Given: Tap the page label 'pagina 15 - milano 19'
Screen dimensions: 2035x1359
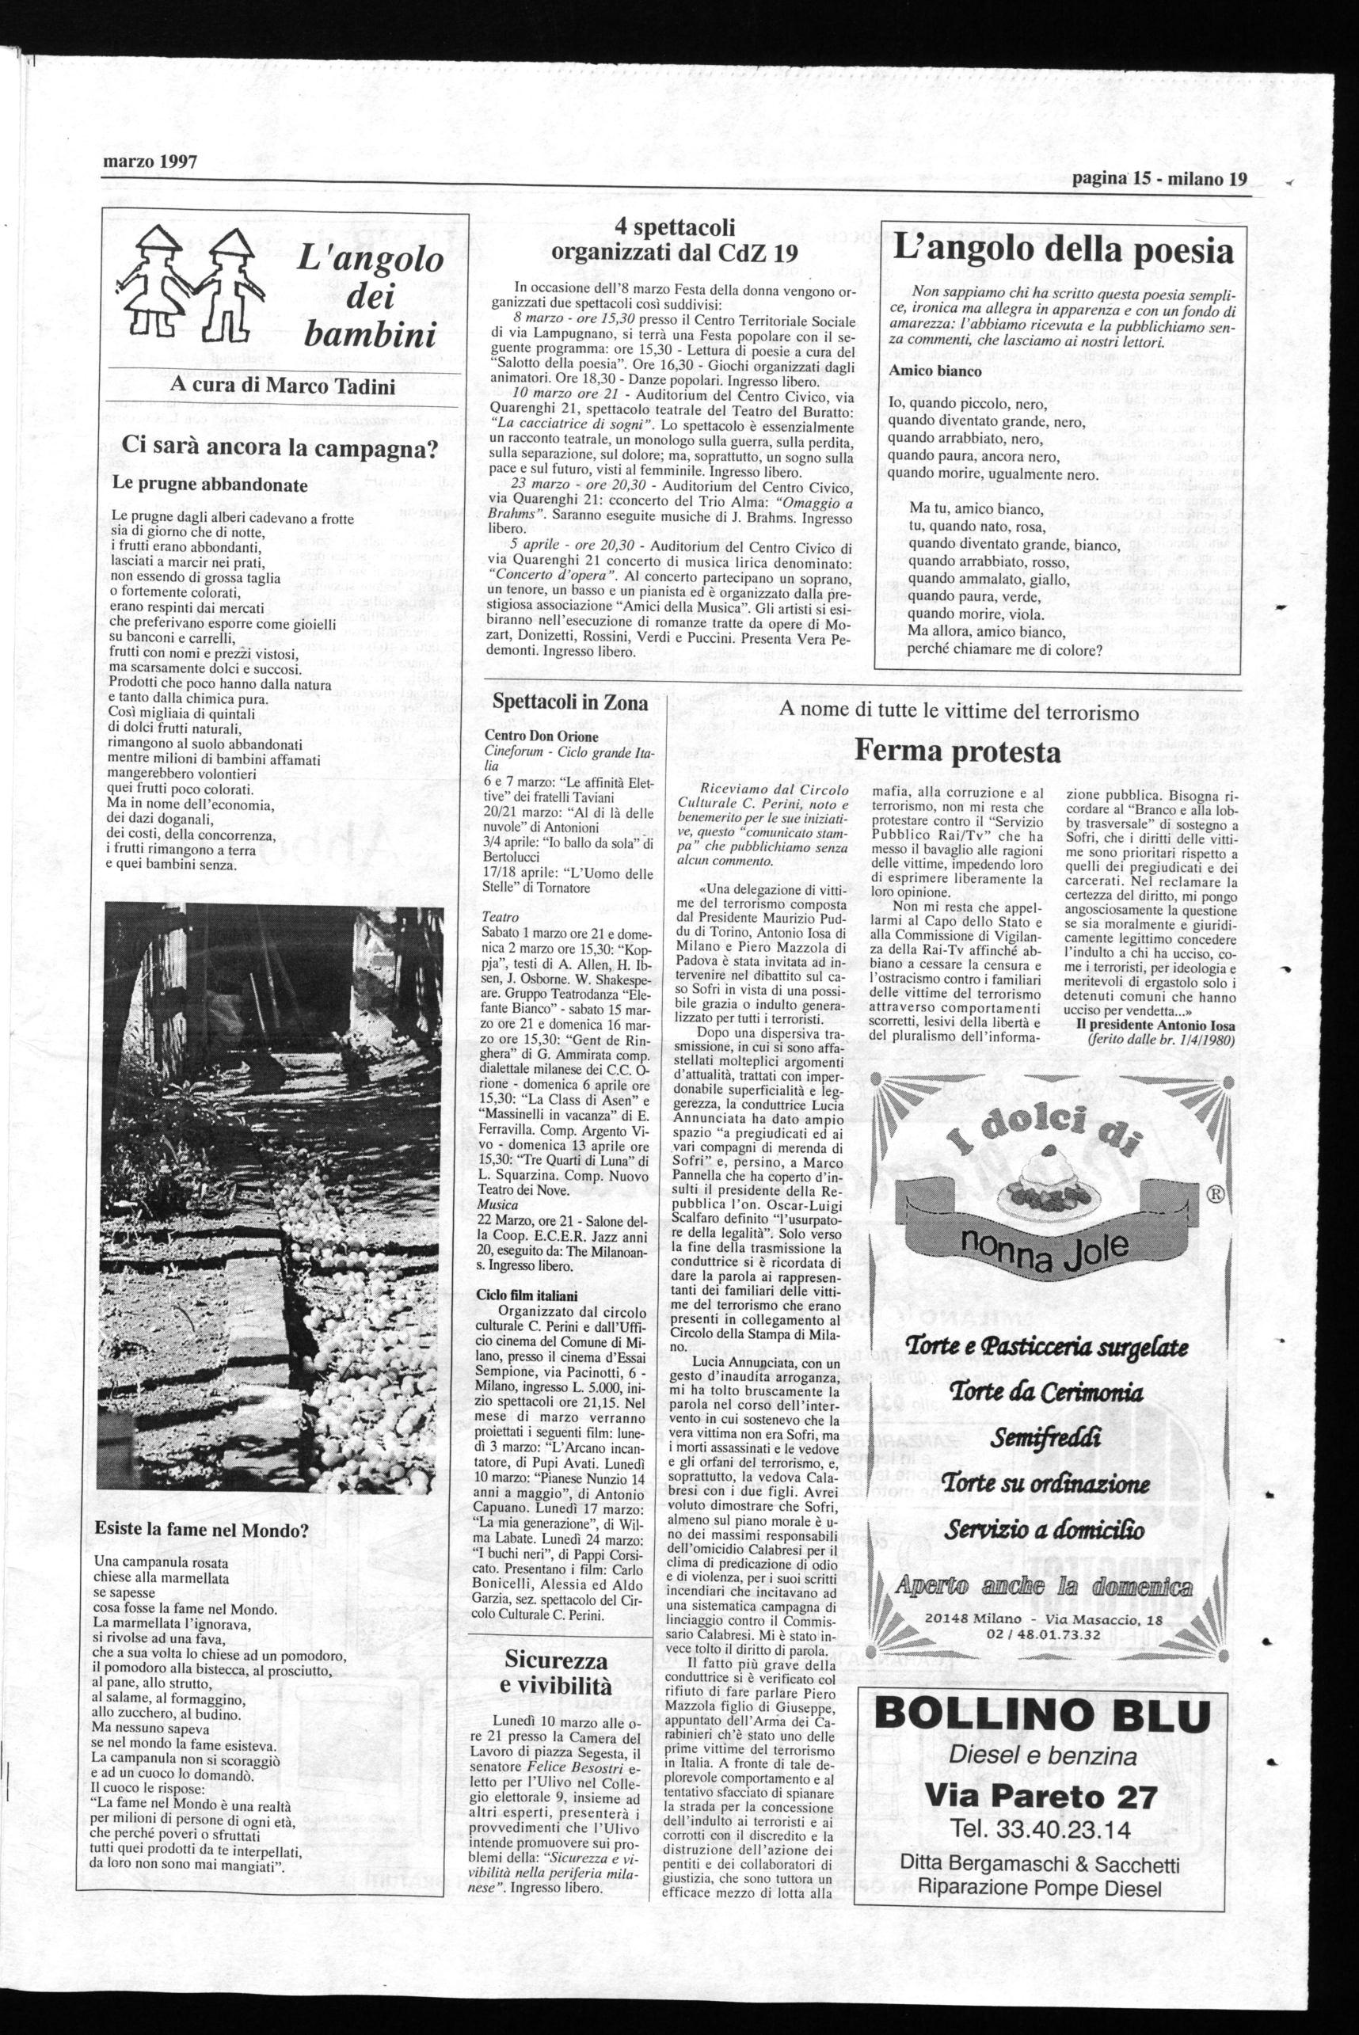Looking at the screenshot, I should [1159, 179].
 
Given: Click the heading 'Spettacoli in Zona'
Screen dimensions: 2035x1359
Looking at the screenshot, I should [569, 702].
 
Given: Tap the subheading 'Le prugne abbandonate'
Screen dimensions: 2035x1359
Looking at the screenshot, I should [211, 485].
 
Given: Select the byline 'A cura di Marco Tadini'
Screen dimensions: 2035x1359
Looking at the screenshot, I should [282, 386].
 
